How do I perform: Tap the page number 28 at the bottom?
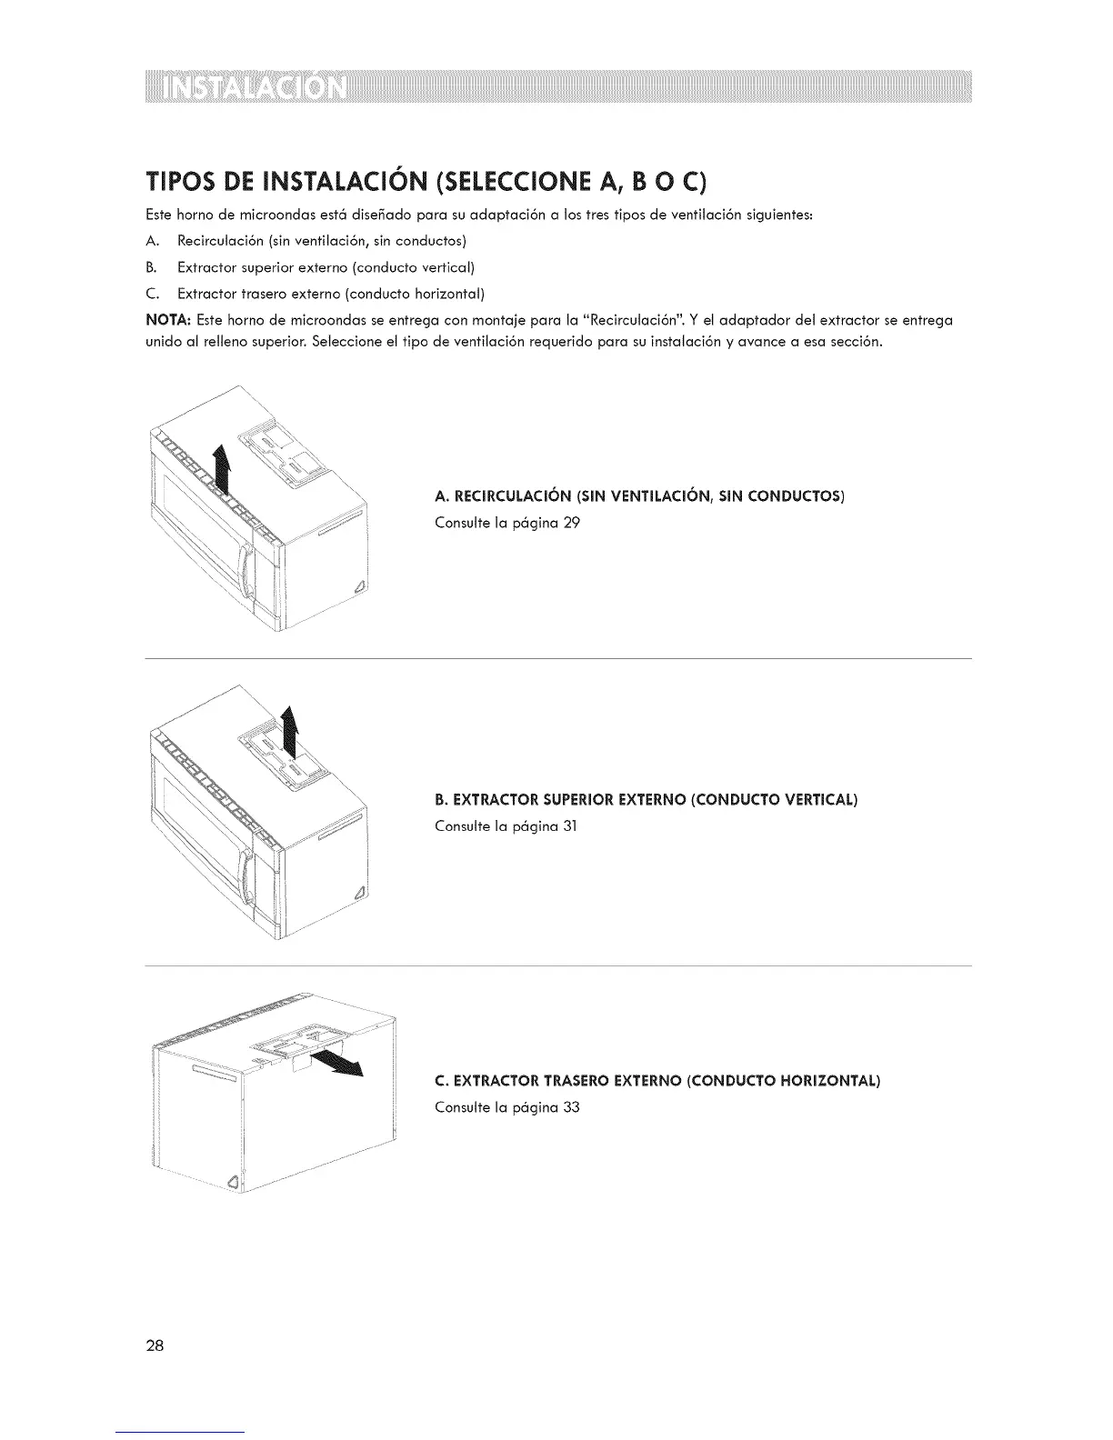(155, 1345)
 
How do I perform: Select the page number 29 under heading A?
(571, 523)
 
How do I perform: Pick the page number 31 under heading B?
(570, 826)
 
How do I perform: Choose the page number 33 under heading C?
(571, 1107)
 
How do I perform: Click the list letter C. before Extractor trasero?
(152, 294)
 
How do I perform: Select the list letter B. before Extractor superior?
(152, 267)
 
